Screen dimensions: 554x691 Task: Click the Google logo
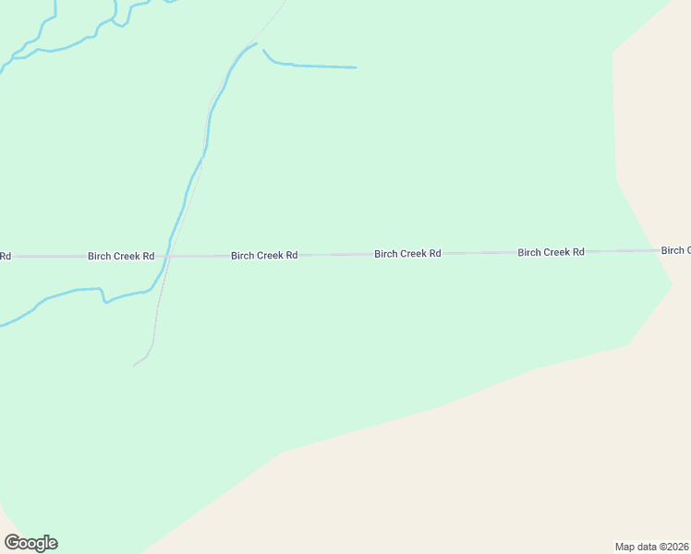point(31,543)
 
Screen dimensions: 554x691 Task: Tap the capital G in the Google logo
point(13,543)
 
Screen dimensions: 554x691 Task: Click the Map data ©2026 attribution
point(651,546)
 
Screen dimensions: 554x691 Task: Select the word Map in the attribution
point(625,546)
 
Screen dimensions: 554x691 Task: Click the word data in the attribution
point(647,546)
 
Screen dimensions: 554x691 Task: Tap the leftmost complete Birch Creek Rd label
point(121,256)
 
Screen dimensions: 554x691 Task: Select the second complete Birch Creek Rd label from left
point(264,255)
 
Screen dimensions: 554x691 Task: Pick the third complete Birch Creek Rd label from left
point(407,253)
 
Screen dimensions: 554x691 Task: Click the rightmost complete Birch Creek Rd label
point(551,252)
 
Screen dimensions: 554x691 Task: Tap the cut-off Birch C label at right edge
point(675,250)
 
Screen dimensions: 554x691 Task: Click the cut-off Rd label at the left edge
point(6,256)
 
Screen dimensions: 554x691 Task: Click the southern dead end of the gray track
point(134,366)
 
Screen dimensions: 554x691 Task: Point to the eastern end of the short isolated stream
point(356,67)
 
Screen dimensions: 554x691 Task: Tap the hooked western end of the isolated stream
point(263,50)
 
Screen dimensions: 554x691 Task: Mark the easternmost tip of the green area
point(672,285)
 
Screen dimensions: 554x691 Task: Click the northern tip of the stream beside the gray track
point(256,43)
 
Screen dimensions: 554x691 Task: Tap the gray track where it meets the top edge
point(285,2)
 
